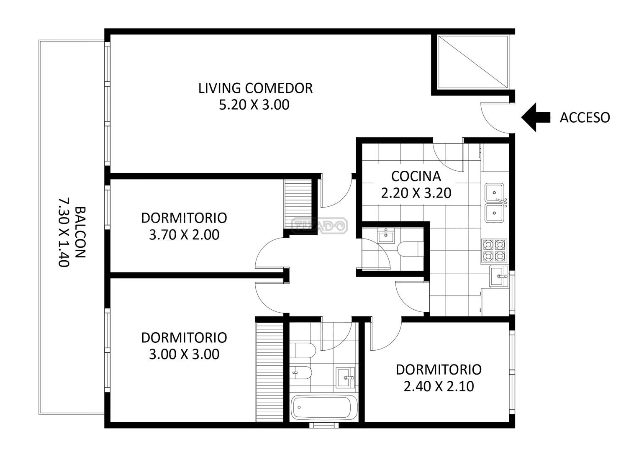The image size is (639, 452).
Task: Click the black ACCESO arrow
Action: click(536, 117)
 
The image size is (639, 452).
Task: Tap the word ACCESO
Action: click(585, 118)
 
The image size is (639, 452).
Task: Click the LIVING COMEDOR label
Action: click(255, 88)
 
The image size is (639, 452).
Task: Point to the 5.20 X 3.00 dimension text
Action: click(254, 105)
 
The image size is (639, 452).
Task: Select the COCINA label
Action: click(416, 176)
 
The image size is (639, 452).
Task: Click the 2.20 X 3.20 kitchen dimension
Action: click(416, 193)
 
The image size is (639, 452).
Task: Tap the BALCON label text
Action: click(80, 232)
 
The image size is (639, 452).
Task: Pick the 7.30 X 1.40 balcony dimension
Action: click(64, 232)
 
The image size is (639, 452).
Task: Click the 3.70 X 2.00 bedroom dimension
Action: click(184, 234)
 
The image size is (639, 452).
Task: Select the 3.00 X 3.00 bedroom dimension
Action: click(184, 354)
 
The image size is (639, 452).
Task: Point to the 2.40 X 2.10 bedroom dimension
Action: click(439, 386)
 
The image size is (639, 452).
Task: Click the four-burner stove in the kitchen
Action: click(494, 251)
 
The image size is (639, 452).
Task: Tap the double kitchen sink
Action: click(495, 203)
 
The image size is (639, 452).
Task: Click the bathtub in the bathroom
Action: click(324, 408)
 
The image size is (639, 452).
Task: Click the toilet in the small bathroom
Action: click(410, 249)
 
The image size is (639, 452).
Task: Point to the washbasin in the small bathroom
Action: click(386, 236)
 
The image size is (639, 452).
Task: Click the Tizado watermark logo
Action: click(320, 226)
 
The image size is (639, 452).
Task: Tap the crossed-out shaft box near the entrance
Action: click(473, 62)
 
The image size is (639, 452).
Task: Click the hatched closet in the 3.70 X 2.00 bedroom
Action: click(298, 204)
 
